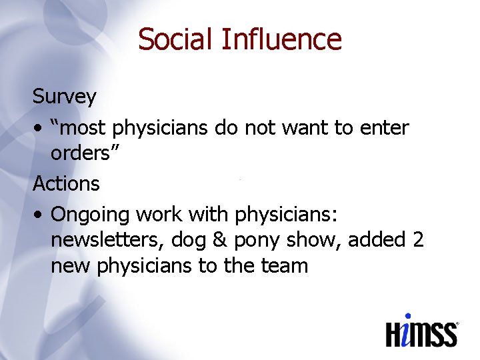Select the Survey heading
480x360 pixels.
[65, 97]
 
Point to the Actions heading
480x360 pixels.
[66, 183]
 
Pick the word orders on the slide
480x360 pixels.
[81, 154]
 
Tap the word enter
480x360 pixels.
[384, 127]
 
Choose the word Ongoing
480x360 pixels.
[90, 215]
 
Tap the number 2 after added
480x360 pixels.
[418, 240]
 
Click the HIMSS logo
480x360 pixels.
[422, 330]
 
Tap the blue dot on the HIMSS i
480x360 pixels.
[408, 317]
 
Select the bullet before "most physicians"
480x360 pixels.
[39, 128]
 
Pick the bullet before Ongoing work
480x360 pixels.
[39, 215]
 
